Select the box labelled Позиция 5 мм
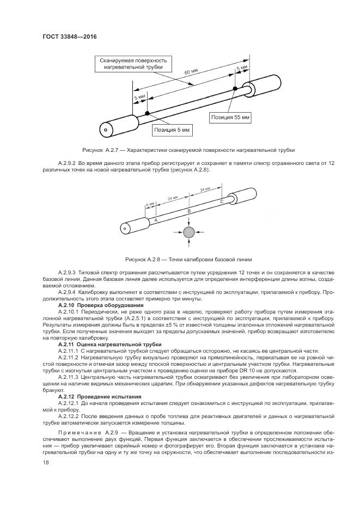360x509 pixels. [x=173, y=130]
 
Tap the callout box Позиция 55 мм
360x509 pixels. [x=230, y=116]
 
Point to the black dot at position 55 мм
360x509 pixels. [x=235, y=88]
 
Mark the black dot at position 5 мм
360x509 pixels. [x=147, y=113]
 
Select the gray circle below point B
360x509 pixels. [x=188, y=232]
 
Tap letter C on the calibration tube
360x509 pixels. [x=221, y=201]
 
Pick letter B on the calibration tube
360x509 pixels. [x=189, y=210]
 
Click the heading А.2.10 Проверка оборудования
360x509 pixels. [x=97, y=305]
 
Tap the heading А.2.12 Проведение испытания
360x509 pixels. [x=99, y=396]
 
